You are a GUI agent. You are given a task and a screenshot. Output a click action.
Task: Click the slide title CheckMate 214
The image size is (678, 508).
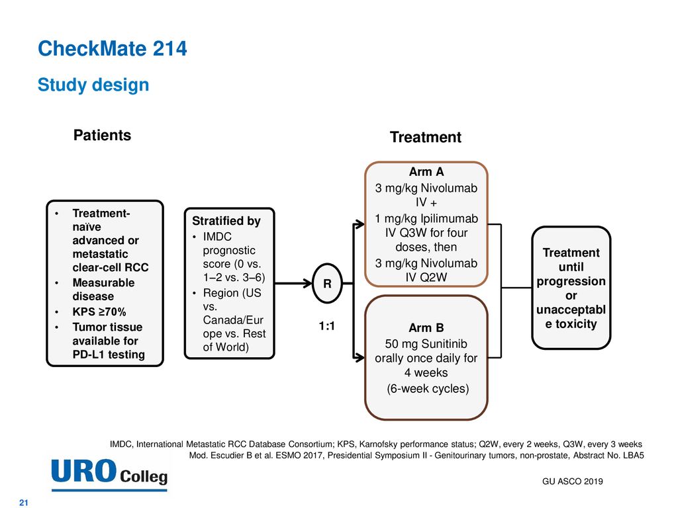[113, 48]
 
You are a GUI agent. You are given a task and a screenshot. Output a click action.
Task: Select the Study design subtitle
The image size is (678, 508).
[93, 85]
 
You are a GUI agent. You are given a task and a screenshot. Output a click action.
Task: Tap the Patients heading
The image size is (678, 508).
[102, 135]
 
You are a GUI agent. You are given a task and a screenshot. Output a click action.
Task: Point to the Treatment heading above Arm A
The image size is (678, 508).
[426, 137]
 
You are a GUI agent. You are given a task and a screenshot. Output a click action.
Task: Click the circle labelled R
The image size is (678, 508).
[327, 283]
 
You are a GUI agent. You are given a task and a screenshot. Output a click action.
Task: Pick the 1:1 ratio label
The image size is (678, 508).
[327, 325]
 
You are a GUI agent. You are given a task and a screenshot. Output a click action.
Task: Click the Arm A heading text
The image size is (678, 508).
[426, 172]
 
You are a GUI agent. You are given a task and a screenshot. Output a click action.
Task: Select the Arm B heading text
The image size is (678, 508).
[426, 328]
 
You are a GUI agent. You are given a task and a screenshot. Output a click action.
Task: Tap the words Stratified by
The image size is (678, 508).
[226, 221]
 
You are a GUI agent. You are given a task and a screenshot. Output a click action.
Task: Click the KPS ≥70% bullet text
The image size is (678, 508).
[99, 312]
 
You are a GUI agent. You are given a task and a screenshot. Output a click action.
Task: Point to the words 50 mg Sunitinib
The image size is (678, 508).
[426, 344]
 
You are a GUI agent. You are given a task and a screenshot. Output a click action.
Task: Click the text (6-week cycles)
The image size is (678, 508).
[428, 388]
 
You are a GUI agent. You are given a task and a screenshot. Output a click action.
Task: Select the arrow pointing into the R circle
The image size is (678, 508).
[293, 283]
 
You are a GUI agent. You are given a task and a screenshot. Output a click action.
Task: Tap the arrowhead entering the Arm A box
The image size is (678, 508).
[360, 224]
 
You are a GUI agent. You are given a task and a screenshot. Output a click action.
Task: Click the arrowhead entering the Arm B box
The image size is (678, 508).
[360, 357]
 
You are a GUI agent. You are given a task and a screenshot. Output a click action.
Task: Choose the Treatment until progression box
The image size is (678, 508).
[571, 288]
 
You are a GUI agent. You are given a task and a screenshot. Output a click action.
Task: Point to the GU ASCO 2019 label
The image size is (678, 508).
[573, 482]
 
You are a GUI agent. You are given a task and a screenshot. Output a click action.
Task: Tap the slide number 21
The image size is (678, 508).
[24, 503]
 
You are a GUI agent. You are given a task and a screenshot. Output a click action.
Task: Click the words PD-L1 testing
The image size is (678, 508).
[109, 355]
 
